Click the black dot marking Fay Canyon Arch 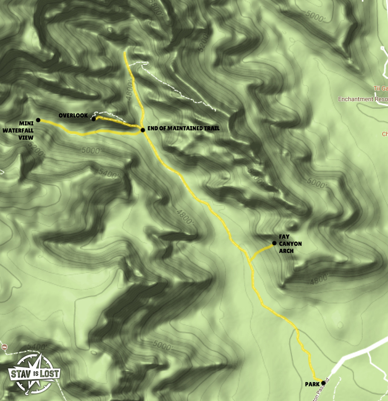coord(274,243)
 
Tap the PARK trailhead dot coord(323,383)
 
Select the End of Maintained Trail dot coord(142,129)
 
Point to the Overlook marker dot coord(93,119)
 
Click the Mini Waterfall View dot coord(38,120)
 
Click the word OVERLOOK coord(73,116)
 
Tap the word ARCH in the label coord(286,251)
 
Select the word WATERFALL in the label coord(17,131)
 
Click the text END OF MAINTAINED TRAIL coord(184,128)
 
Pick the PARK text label coord(312,384)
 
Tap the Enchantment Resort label coord(363,99)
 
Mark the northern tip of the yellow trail coord(125,52)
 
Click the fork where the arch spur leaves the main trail coord(250,261)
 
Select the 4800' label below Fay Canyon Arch coord(319,279)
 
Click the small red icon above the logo coord(4,346)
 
